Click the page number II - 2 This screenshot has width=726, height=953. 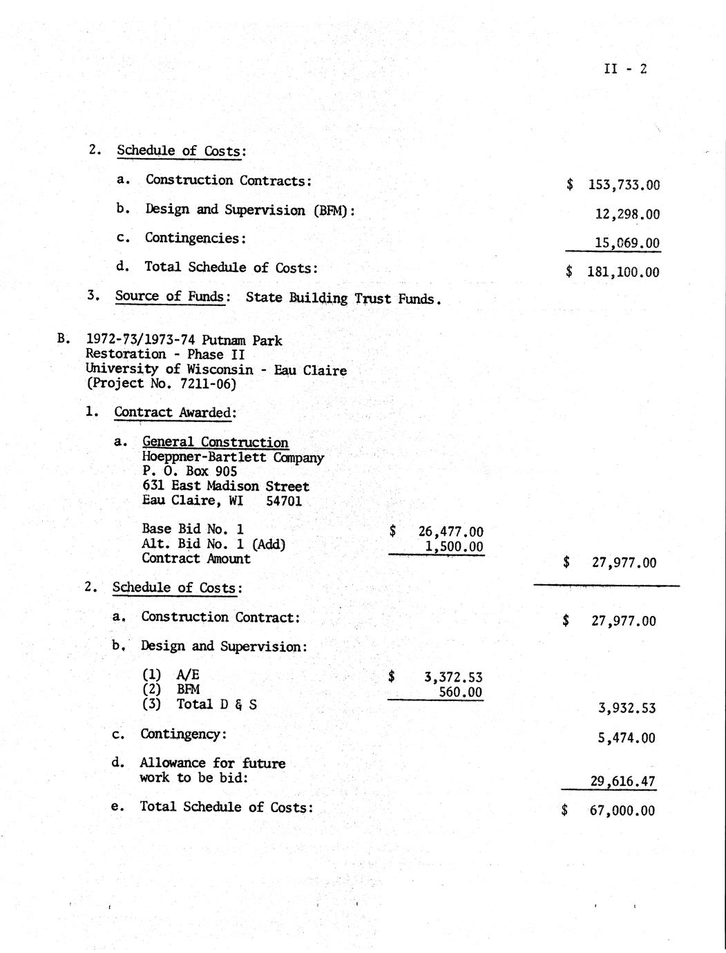tap(625, 68)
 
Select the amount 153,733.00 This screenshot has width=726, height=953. tap(623, 185)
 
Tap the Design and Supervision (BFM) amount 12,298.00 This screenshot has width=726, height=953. tap(627, 215)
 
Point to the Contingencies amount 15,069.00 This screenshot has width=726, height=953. tap(627, 243)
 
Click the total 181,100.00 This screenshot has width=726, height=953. tap(622, 272)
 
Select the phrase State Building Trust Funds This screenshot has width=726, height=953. tap(343, 298)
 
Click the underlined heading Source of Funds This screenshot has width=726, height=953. tap(169, 297)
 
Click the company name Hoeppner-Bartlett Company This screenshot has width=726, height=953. tap(233, 457)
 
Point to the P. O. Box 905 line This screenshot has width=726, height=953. tap(189, 472)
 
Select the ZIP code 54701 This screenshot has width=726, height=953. tap(284, 501)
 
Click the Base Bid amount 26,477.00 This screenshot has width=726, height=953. tap(450, 532)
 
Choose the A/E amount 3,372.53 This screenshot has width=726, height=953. tap(452, 677)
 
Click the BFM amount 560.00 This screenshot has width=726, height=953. tap(460, 692)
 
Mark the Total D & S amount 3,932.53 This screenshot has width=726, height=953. tap(626, 708)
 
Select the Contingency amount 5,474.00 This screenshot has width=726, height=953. tap(626, 738)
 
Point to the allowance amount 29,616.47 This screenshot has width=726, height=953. tap(622, 782)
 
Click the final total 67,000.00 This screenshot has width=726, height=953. tap(622, 811)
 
